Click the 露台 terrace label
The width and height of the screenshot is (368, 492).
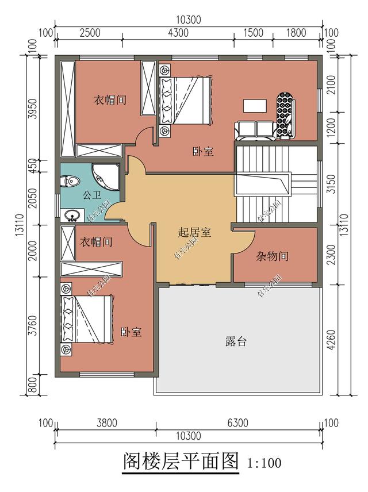pyautogui.click(x=236, y=341)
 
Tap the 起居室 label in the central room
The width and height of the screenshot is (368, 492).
pyautogui.click(x=194, y=233)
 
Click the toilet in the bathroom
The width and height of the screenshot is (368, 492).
pyautogui.click(x=71, y=182)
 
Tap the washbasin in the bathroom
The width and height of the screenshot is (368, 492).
pyautogui.click(x=72, y=216)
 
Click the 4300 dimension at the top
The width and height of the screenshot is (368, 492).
pyautogui.click(x=179, y=33)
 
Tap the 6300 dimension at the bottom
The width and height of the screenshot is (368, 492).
pyautogui.click(x=237, y=423)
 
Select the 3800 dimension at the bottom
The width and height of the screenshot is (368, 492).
pyautogui.click(x=106, y=423)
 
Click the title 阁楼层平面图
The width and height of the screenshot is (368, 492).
pyautogui.click(x=181, y=461)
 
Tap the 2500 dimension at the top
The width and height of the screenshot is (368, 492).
pyautogui.click(x=90, y=33)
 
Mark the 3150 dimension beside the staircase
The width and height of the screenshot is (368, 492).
pyautogui.click(x=329, y=185)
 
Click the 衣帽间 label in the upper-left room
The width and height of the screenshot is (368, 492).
pyautogui.click(x=110, y=100)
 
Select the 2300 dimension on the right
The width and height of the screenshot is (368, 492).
pyautogui.click(x=329, y=255)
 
